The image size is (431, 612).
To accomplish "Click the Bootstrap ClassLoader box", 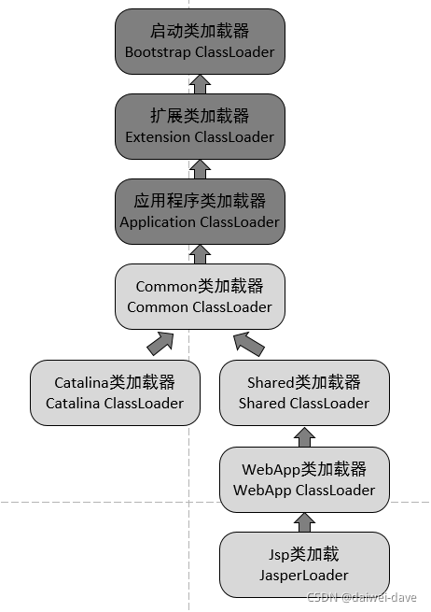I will (x=200, y=41).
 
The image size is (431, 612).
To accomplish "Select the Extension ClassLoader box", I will (x=200, y=126).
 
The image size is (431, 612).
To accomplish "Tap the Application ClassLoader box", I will (x=200, y=211).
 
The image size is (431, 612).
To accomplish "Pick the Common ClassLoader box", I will (x=200, y=296).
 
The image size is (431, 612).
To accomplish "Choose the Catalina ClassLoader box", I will (x=115, y=392).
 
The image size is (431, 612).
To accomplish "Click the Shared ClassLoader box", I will (x=303, y=392).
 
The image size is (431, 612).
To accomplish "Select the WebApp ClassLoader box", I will (x=303, y=478).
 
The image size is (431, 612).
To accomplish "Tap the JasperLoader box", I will (x=303, y=565).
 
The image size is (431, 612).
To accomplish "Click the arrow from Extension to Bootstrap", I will (x=200, y=84).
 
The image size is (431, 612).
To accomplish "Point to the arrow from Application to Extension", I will (x=200, y=169).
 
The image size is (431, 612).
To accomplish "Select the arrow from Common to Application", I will (x=200, y=253).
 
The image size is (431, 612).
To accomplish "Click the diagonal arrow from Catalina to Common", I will (x=160, y=343).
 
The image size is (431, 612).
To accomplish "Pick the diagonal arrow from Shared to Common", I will (x=249, y=343).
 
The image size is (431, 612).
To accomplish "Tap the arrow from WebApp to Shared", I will (x=303, y=435).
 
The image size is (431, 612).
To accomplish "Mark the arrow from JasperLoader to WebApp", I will (x=303, y=521).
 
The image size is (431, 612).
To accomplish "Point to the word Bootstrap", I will (x=158, y=52).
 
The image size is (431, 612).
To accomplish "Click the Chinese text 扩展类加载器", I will (x=200, y=116).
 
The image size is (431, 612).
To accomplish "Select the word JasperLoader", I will (x=303, y=576).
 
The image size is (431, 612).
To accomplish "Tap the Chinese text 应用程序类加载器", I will (x=200, y=201).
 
